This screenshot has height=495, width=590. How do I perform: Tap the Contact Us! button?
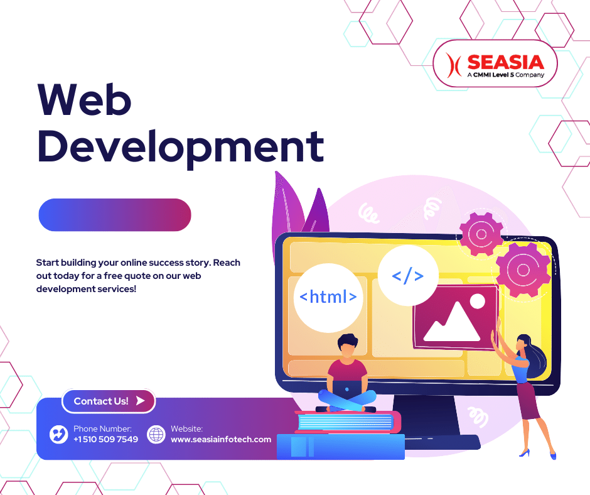[108, 401]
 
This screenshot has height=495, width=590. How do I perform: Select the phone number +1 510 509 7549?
[105, 439]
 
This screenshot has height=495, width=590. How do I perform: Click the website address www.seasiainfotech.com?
[221, 439]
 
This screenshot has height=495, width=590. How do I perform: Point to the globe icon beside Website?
[156, 434]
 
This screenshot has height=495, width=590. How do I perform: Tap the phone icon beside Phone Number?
[58, 434]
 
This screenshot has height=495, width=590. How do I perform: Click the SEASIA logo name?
[505, 62]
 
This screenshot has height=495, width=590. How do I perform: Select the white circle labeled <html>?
[328, 297]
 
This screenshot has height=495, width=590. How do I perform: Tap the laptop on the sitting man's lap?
[347, 389]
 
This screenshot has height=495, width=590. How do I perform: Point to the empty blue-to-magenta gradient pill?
[115, 215]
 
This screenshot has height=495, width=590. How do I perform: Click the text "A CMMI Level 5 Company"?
[505, 75]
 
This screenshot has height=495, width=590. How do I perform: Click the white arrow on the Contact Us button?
[141, 400]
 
